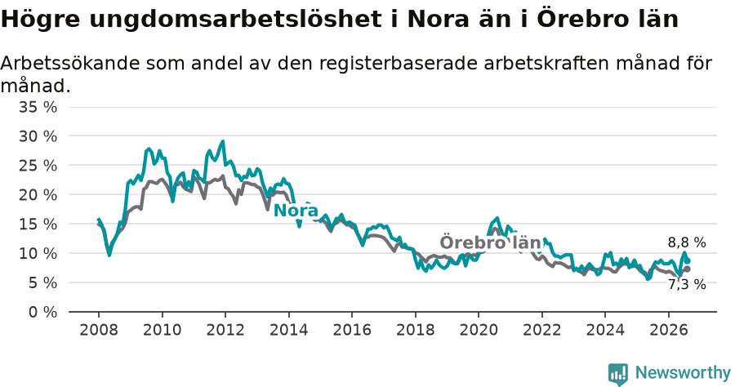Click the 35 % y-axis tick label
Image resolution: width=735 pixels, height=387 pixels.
[x=38, y=107]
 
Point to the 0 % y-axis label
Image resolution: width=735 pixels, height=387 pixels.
[x=42, y=312]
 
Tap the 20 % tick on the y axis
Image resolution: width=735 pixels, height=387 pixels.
[x=38, y=195]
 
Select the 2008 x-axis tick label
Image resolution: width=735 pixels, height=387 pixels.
[x=99, y=330]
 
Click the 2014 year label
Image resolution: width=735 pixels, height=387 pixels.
[x=289, y=330]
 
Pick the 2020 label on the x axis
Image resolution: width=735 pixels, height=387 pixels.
[x=479, y=330]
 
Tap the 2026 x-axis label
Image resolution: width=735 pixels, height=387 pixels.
[x=668, y=330]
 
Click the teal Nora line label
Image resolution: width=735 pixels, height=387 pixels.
[x=296, y=211]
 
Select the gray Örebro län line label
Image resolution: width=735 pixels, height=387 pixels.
[x=490, y=242]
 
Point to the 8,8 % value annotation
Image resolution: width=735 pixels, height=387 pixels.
[x=687, y=242]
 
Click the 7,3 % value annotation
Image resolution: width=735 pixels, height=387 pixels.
[x=687, y=284]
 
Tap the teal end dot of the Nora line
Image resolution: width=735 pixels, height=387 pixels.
[x=688, y=261]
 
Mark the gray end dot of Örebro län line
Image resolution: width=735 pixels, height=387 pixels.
[x=688, y=269]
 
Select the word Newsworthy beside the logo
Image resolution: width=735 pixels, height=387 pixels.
[x=683, y=373]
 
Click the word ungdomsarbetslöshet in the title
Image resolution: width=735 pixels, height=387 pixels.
[x=235, y=20]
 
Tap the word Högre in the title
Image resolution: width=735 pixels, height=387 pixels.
[x=41, y=20]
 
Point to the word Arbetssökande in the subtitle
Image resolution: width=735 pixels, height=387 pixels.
[x=70, y=63]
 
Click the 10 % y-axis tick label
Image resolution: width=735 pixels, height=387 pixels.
[x=38, y=253]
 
